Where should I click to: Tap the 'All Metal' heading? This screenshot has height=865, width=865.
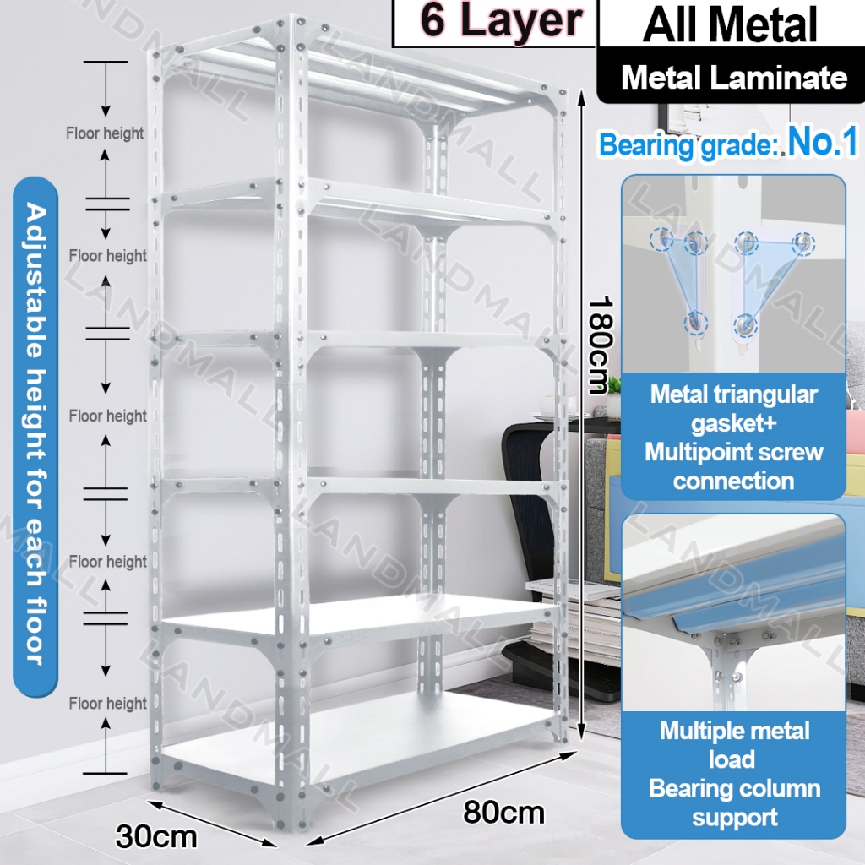point(730,25)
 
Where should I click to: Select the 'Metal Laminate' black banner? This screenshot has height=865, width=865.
point(733,78)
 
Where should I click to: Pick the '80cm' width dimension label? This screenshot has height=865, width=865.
point(503,813)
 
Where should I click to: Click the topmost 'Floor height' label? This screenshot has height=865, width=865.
point(106,133)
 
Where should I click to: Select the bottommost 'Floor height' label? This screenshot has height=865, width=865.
point(108,703)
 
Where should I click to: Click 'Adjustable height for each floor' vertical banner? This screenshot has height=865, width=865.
point(35,432)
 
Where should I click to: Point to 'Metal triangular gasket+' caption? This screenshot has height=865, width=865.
point(733,408)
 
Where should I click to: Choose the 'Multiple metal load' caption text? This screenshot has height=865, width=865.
point(733,744)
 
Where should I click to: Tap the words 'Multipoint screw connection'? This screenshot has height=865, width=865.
point(733,466)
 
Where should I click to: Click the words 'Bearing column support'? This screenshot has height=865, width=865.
point(733,802)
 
